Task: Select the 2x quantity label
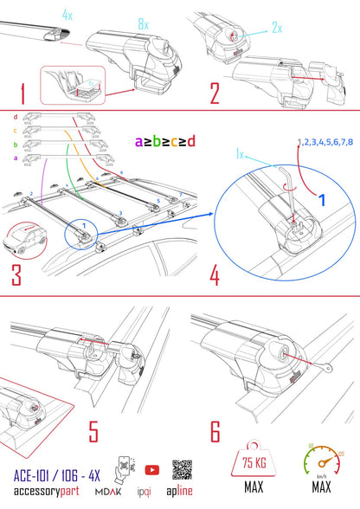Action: click(x=277, y=28)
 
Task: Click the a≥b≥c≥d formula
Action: click(x=164, y=140)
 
